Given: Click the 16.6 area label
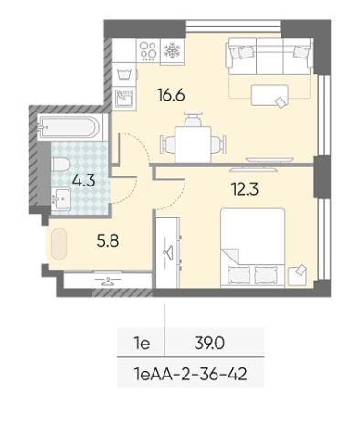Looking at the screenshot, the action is [x=171, y=95].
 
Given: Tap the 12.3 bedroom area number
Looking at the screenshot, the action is [x=245, y=189].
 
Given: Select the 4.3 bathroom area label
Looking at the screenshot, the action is [x=84, y=180].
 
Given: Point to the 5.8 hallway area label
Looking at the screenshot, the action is [x=108, y=240].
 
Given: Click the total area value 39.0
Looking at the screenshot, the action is [x=209, y=344].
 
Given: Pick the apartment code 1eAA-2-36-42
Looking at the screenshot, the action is [x=190, y=374].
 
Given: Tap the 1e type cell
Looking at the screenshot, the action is [x=142, y=344].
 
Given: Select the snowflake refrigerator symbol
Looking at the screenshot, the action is [x=173, y=50].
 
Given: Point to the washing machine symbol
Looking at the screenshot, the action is [x=124, y=74].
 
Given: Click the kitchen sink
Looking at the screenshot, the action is [x=124, y=98].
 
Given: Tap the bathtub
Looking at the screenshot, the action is [x=69, y=127].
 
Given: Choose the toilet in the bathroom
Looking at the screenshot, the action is [x=61, y=165].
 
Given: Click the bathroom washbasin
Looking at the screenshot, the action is [x=61, y=199].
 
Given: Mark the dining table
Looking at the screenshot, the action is [x=193, y=144].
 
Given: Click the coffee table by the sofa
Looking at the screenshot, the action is [x=270, y=95].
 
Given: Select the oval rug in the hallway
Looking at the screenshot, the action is [x=58, y=244].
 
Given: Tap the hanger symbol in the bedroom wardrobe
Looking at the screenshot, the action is [x=168, y=250].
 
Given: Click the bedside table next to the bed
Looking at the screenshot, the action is [x=297, y=276].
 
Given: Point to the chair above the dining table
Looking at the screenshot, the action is [x=193, y=119].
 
